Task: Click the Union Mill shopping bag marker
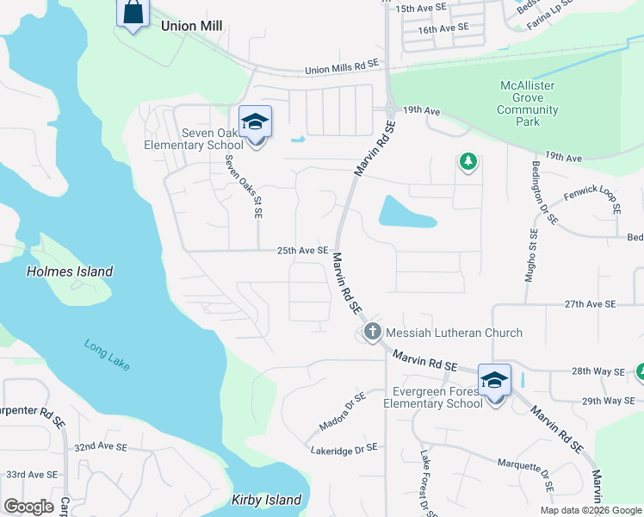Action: [133, 14]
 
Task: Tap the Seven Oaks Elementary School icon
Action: [255, 123]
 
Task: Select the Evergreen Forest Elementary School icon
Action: [495, 382]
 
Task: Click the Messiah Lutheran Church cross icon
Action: [373, 332]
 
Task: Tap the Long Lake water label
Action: [107, 354]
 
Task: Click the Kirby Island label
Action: [267, 500]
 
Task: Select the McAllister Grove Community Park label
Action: [528, 103]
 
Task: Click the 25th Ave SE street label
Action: [302, 251]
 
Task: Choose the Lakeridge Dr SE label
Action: [344, 448]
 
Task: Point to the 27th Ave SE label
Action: [591, 304]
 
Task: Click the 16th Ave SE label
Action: [443, 28]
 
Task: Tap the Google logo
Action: [28, 507]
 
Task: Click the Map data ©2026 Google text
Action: [590, 510]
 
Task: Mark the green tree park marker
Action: [468, 161]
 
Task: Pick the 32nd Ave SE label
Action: [102, 447]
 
